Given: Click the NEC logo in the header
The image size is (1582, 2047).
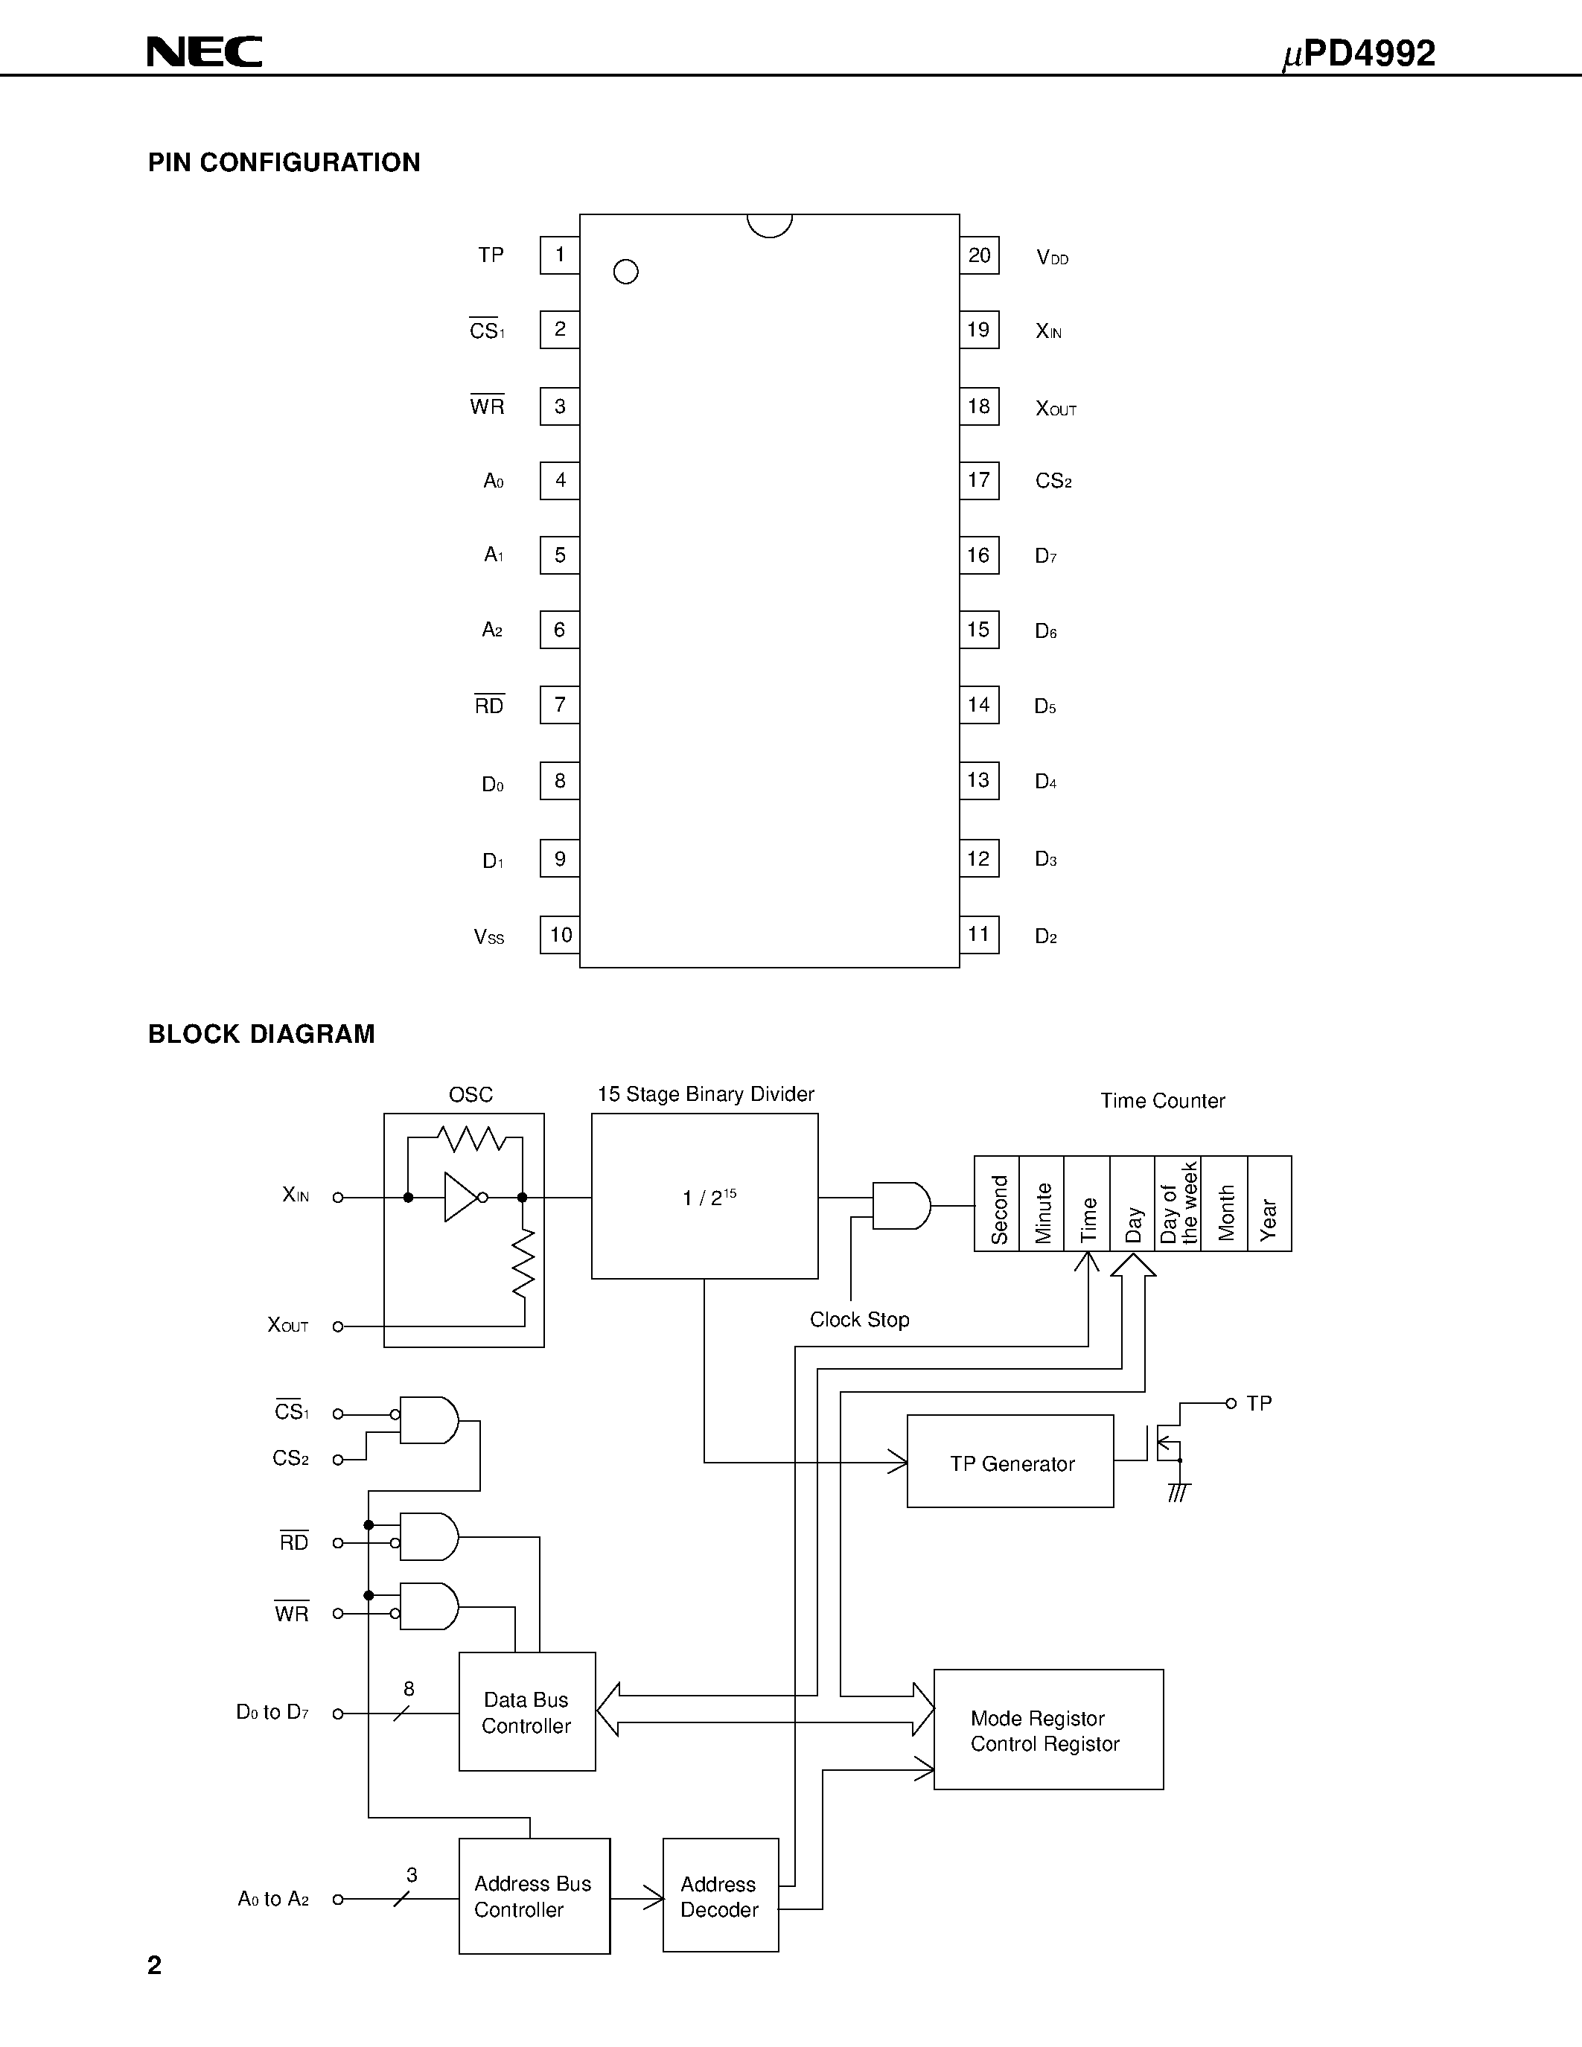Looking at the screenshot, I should pos(204,53).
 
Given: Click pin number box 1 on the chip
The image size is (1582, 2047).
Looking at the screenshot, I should pos(560,255).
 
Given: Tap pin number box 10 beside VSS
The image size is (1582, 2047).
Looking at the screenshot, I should pos(561,934).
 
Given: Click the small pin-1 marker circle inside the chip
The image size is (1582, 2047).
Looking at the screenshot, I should pos(625,272).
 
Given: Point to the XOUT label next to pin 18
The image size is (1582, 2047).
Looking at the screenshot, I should pos(1056,408).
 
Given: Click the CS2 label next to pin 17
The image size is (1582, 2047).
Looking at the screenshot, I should pos(1053,481).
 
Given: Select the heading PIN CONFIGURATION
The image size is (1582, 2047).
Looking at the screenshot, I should pos(284,162).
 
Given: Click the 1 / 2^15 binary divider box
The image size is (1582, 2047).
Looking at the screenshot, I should pos(705,1196).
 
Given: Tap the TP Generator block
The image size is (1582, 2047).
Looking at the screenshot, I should pos(1010,1463).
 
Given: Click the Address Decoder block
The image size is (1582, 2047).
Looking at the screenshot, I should pos(720,1896).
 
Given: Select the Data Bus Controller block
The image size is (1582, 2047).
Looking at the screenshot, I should pos(526,1711).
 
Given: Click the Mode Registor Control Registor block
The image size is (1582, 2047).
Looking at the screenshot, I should pos(1047,1730).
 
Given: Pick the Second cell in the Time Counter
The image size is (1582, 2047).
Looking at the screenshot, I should pos(997,1204).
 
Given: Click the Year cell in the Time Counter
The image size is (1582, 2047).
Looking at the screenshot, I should pos(1269,1204).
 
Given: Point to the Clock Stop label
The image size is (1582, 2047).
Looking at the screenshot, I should pos(859,1320).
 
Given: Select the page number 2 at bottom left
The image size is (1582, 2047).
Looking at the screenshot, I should pos(155,1964).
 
